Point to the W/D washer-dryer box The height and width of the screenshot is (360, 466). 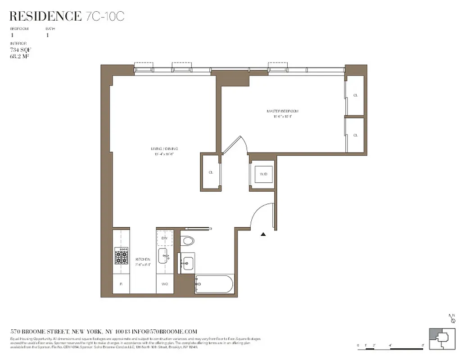coord(263,174)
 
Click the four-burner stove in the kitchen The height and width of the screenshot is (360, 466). coord(121,256)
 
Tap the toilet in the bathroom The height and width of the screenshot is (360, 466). coord(188,241)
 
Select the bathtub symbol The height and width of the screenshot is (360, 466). coord(214,285)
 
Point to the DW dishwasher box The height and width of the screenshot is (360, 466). coord(164,238)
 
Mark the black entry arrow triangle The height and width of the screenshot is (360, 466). coord(263,234)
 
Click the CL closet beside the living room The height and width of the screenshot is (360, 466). coord(211,172)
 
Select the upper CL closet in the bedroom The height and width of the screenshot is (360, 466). coord(355,95)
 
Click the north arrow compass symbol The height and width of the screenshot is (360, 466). coord(452,319)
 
